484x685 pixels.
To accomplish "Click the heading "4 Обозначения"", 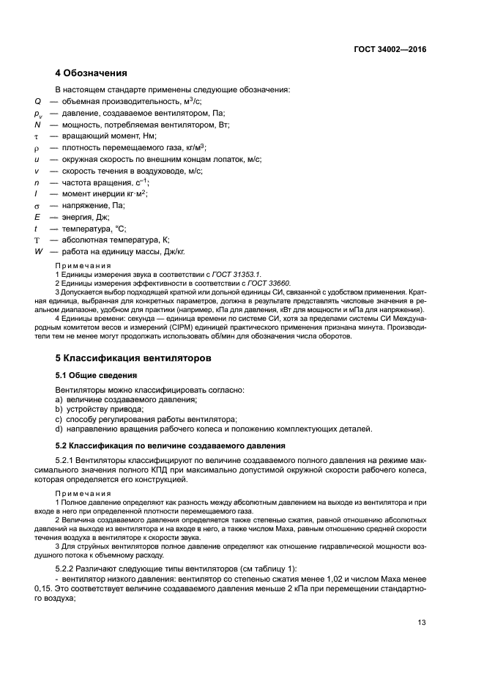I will [x=92, y=73].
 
